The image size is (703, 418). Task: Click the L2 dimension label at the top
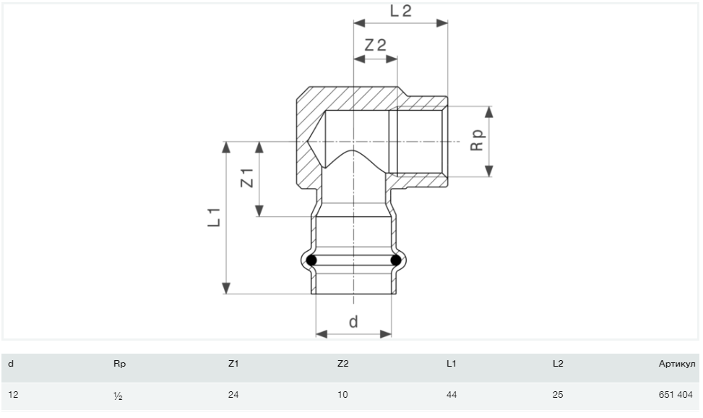[401, 11]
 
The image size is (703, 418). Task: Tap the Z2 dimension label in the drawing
[376, 45]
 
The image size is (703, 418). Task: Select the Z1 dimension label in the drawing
[247, 178]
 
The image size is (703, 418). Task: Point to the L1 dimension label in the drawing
[215, 217]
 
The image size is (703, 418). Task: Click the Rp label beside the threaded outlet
[478, 140]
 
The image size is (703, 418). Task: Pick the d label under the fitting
[353, 322]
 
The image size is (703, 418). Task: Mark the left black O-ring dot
[311, 260]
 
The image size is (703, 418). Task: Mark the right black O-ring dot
[396, 260]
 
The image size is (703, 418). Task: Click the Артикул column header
[676, 364]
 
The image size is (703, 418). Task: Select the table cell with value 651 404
[676, 395]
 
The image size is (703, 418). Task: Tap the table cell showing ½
[118, 396]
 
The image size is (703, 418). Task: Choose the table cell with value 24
[233, 395]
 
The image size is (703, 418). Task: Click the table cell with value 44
[452, 395]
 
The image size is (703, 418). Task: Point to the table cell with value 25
[558, 395]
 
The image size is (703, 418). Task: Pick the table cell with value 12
[14, 395]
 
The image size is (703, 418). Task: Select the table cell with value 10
[342, 395]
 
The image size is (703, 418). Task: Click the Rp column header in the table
[120, 364]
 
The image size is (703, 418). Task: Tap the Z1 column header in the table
[233, 364]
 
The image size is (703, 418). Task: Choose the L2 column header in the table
[558, 364]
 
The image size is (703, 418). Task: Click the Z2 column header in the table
[343, 364]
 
